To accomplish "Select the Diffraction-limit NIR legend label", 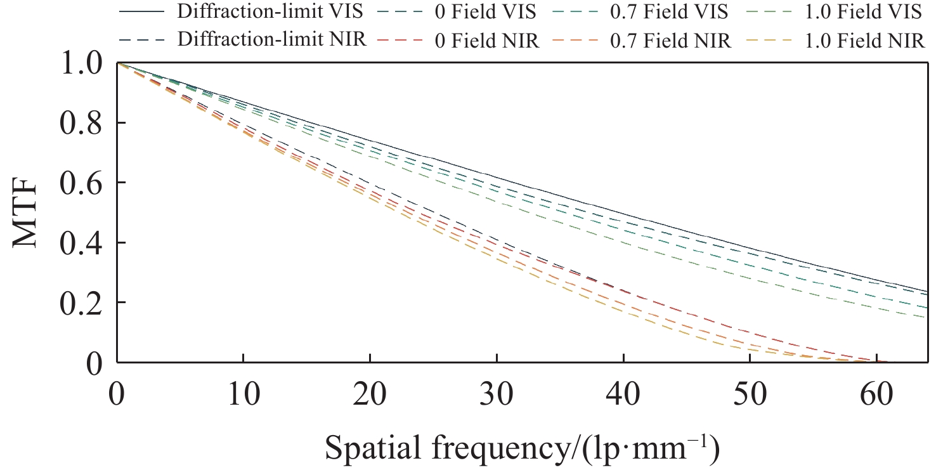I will [272, 40].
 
